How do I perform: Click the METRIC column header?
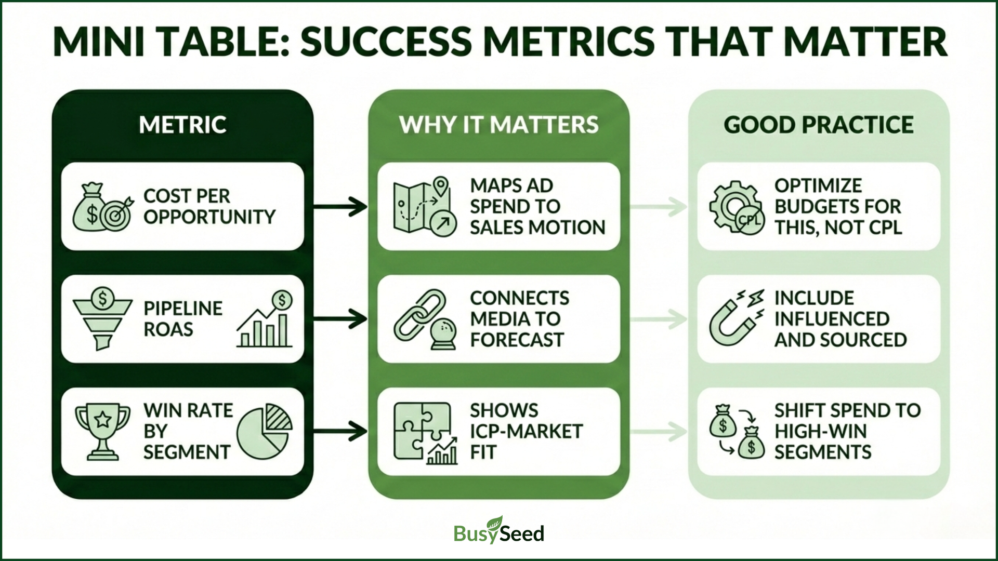coord(182,125)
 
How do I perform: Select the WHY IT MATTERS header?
coord(498,125)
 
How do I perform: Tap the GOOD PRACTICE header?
coord(818,125)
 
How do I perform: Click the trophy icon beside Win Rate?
coord(102,432)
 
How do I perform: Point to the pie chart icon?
coord(265,431)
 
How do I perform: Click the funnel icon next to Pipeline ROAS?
coord(102,318)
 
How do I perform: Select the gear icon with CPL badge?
coord(736,208)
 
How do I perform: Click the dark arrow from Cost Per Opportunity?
coord(340,207)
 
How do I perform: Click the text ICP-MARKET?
coord(526,431)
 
